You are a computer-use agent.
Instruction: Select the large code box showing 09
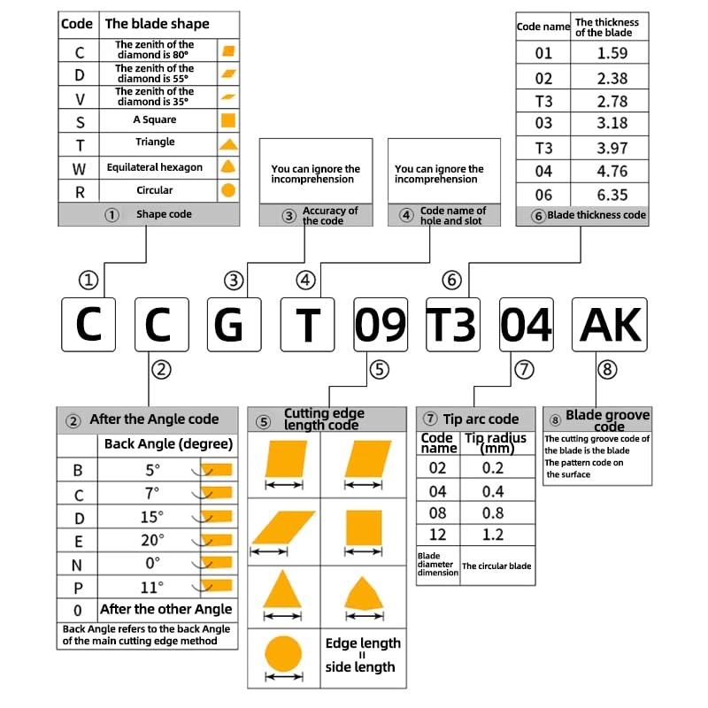(381, 325)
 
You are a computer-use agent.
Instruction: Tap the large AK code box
(609, 325)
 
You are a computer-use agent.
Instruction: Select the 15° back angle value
(152, 516)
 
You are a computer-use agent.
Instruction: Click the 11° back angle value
(152, 587)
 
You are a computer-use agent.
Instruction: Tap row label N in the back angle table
(78, 563)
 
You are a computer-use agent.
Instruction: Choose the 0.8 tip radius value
(494, 512)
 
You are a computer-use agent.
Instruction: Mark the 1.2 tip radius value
(494, 535)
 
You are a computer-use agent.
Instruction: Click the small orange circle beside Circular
(227, 190)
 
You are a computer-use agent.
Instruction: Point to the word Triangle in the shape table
(155, 142)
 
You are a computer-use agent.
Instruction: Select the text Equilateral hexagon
(155, 166)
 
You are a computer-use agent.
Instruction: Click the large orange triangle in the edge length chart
(283, 589)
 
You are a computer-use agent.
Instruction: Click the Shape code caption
(164, 214)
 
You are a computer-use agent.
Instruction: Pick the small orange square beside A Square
(227, 119)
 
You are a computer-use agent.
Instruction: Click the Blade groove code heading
(607, 419)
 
